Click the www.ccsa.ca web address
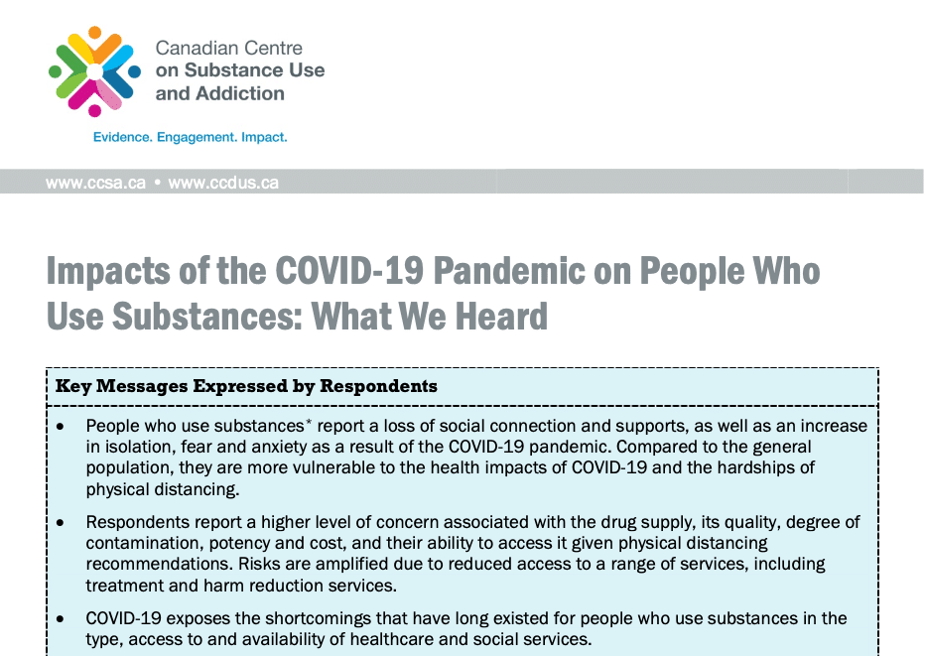click(x=95, y=183)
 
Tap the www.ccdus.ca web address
click(x=223, y=183)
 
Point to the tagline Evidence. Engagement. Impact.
click(x=190, y=137)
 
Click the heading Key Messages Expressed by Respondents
click(x=246, y=385)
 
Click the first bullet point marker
click(x=62, y=426)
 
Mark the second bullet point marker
click(x=62, y=521)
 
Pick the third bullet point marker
click(x=62, y=617)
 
